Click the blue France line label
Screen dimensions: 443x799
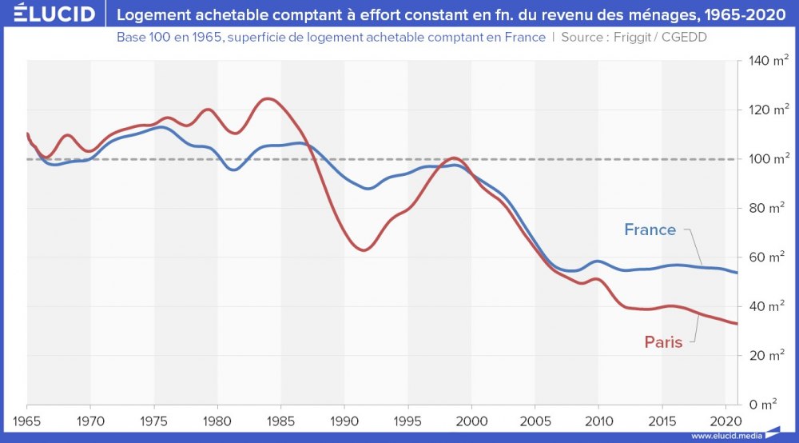click(x=650, y=230)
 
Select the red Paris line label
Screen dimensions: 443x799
click(x=663, y=342)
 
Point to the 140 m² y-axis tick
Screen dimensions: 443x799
click(x=765, y=61)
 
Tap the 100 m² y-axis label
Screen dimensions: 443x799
click(x=765, y=159)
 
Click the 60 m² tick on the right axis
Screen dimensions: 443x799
click(x=765, y=257)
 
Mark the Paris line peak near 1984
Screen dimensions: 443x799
click(x=268, y=98)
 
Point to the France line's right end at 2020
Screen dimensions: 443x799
click(x=737, y=273)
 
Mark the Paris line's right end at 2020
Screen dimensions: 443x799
click(x=737, y=324)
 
